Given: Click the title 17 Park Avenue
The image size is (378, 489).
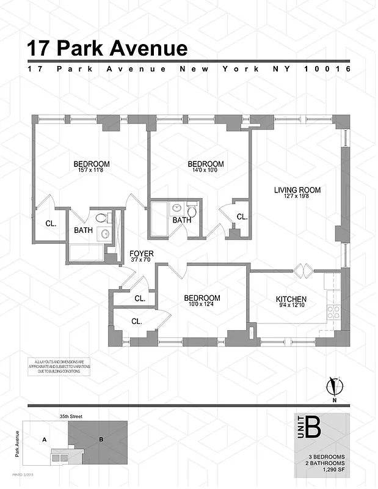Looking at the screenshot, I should (107, 48).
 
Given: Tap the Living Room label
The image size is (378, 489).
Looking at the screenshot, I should (297, 190).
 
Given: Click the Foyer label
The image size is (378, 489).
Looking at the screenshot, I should (141, 253).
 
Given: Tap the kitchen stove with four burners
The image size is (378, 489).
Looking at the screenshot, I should (333, 313).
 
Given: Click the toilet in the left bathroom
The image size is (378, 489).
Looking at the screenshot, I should (103, 217).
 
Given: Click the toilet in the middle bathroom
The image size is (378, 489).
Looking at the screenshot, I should (191, 211).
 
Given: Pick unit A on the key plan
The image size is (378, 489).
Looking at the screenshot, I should (44, 438).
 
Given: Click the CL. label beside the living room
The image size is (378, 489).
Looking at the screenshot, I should (242, 216).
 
